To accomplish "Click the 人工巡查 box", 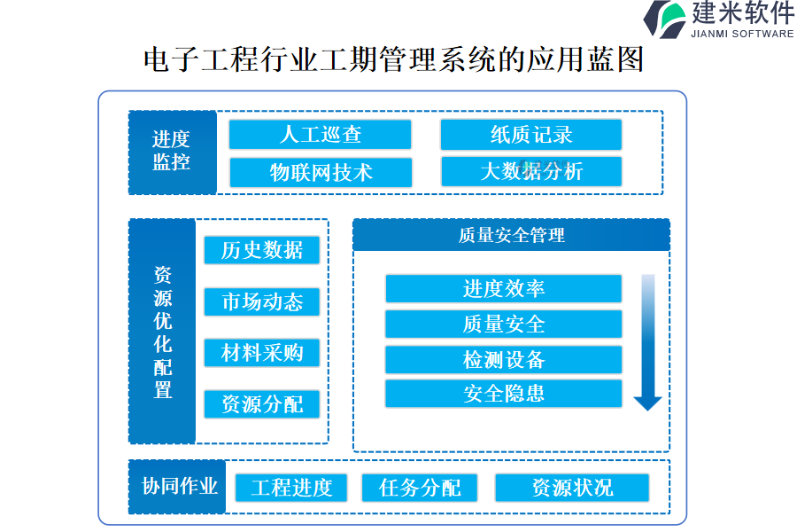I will point(320,135).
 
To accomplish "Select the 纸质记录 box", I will point(530,135).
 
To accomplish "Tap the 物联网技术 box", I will point(320,172).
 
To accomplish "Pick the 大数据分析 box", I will point(530,172).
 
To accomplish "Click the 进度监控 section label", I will point(172,152).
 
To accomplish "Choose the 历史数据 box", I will point(261,250).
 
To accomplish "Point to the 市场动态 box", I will point(261,301).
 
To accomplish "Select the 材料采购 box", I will point(261,353).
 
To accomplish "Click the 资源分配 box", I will point(261,404).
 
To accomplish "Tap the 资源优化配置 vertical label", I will point(162,332).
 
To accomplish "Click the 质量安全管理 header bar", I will point(511,235).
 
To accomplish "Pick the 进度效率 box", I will point(503,289).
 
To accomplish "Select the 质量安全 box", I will point(503,324).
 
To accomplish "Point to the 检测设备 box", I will point(503,359).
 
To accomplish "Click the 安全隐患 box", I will point(503,394).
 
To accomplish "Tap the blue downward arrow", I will point(648,342).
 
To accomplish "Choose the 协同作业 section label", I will point(178,487).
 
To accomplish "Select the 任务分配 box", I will point(419,488).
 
